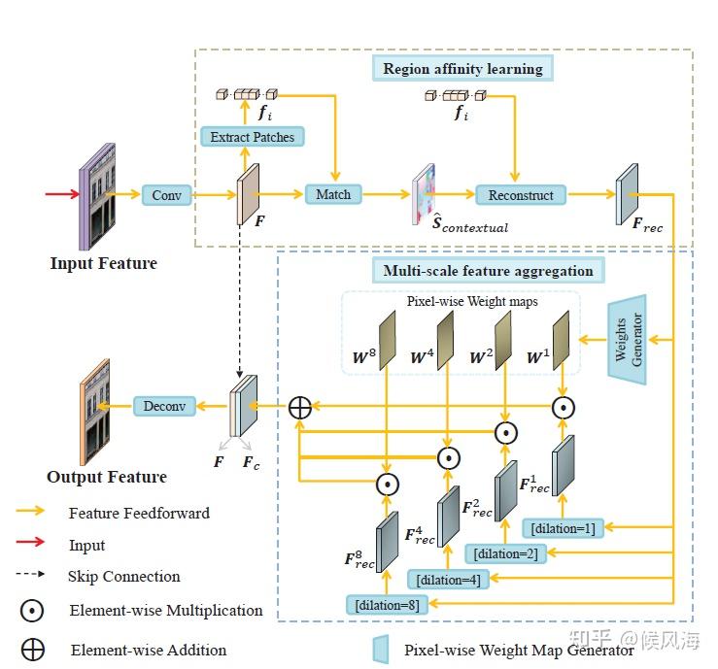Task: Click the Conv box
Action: pyautogui.click(x=167, y=195)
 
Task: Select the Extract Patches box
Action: pyautogui.click(x=253, y=137)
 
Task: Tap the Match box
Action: pyautogui.click(x=333, y=194)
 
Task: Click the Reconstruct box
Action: pyautogui.click(x=521, y=195)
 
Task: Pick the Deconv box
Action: pyautogui.click(x=164, y=406)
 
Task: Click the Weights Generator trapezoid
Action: pyautogui.click(x=628, y=340)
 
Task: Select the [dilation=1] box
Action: pyautogui.click(x=564, y=528)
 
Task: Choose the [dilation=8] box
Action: pyautogui.click(x=388, y=605)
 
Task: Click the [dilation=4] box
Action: pyautogui.click(x=448, y=580)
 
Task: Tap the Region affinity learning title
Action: pyautogui.click(x=462, y=69)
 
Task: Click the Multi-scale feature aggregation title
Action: pyautogui.click(x=488, y=271)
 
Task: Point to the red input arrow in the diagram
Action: pyautogui.click(x=62, y=194)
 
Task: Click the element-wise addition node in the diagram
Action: pyautogui.click(x=300, y=407)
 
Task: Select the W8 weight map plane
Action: pyautogui.click(x=387, y=341)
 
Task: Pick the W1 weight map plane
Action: pyautogui.click(x=561, y=341)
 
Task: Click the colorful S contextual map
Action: pyautogui.click(x=424, y=194)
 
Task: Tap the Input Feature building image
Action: pyautogui.click(x=97, y=197)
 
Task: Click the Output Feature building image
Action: pyautogui.click(x=95, y=412)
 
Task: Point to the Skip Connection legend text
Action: pyautogui.click(x=124, y=576)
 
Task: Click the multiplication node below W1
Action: pyautogui.click(x=564, y=408)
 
